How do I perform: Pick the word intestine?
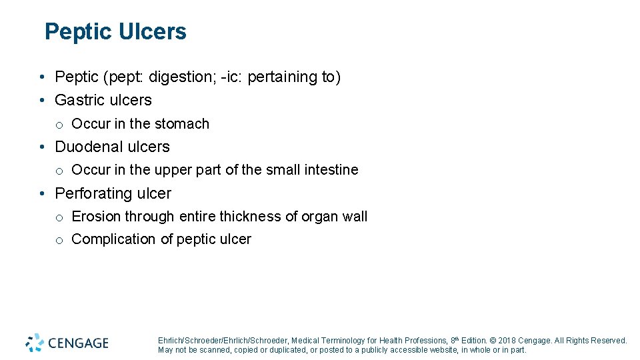pos(331,170)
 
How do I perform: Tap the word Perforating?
pos(93,194)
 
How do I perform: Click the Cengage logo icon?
pos(35,343)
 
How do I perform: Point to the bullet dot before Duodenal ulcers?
pos(41,147)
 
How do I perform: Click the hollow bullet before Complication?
pos(59,240)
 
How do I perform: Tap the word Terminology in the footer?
pos(345,341)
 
